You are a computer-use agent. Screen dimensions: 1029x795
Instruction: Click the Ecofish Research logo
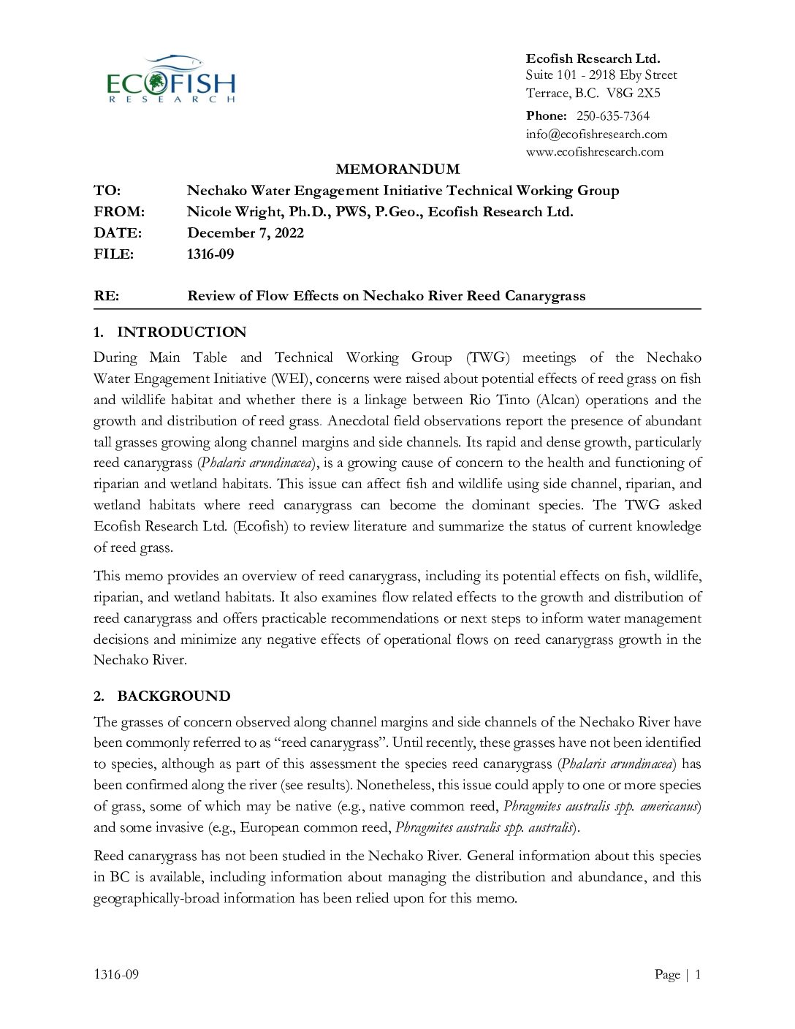point(171,80)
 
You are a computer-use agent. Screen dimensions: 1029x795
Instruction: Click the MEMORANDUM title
point(397,170)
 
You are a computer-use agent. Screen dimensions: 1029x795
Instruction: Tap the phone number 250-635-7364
point(612,116)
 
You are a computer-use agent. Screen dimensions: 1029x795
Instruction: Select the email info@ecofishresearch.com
point(596,134)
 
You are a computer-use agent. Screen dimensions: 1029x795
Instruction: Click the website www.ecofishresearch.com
point(595,152)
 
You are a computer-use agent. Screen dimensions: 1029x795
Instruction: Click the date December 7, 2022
point(246,233)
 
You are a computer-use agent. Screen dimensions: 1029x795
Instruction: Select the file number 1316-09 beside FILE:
point(210,254)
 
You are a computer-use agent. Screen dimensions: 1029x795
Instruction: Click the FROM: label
point(119,212)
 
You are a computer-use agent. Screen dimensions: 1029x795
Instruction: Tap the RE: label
point(107,296)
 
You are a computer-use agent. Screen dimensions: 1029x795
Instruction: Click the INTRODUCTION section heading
point(181,333)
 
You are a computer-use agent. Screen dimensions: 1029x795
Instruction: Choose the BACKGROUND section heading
point(173,696)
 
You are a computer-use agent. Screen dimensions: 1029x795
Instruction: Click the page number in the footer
point(697,974)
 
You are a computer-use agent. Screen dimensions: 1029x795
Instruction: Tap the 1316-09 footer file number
point(116,974)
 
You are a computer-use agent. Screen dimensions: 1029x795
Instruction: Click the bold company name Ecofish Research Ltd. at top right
point(593,58)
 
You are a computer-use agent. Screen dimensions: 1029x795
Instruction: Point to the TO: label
point(107,191)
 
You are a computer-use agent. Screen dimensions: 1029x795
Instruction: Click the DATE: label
point(118,233)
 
